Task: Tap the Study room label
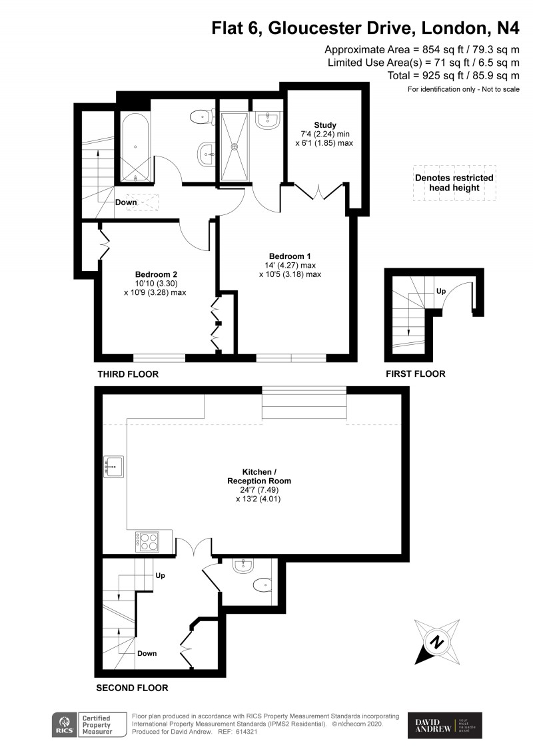click(x=325, y=125)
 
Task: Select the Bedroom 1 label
click(x=290, y=256)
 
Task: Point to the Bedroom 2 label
click(x=156, y=274)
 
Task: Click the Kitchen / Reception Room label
click(x=258, y=475)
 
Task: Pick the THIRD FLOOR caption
click(x=128, y=374)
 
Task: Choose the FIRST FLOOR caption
click(x=415, y=374)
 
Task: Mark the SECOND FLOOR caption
click(x=132, y=688)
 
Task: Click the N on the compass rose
click(x=436, y=642)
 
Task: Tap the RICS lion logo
click(x=65, y=724)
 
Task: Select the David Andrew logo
click(x=444, y=725)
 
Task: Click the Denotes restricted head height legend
click(x=454, y=183)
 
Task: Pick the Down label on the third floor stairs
click(x=126, y=202)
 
